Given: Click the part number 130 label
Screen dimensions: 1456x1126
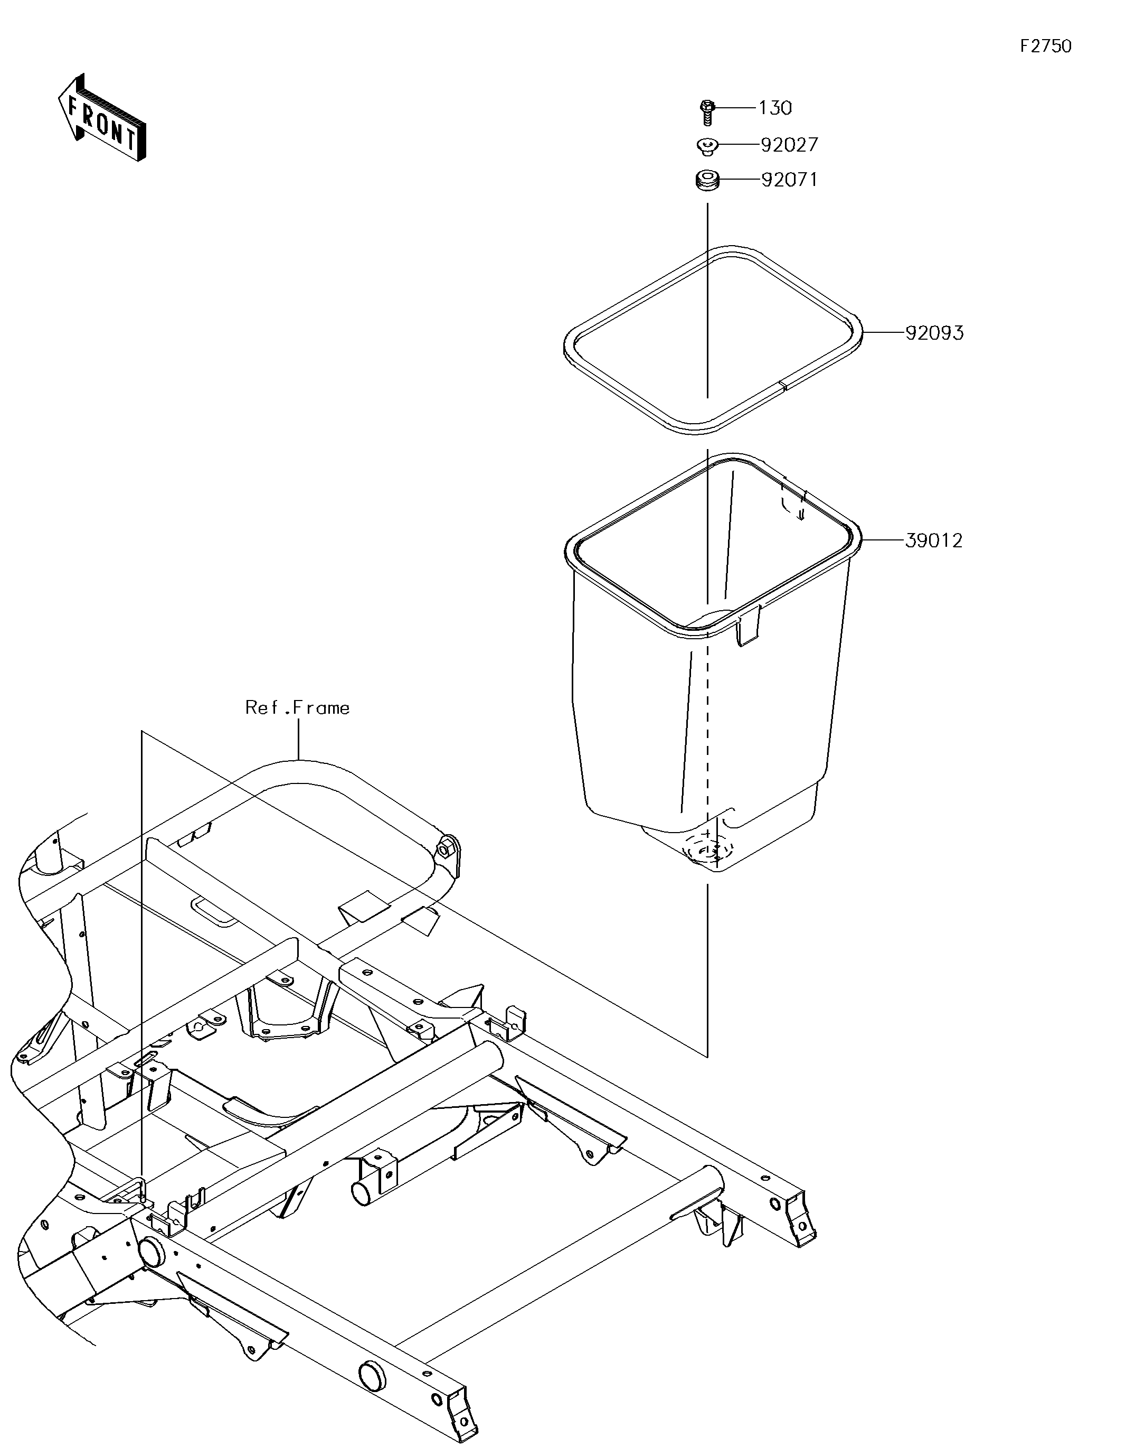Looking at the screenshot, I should (775, 108).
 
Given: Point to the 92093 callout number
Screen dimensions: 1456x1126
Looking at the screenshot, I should (934, 333).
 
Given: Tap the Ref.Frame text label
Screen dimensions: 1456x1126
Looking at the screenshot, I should (297, 707).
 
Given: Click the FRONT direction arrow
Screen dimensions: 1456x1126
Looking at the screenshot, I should (102, 117).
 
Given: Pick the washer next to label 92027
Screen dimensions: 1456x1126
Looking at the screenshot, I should (707, 146).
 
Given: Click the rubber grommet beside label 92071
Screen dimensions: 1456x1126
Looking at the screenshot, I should (707, 181).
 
